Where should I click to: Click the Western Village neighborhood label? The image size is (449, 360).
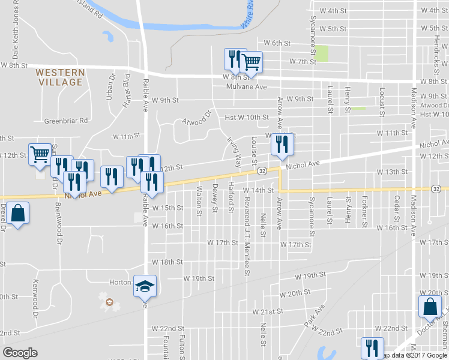click(59, 77)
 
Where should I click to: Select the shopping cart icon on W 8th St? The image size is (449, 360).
click(252, 61)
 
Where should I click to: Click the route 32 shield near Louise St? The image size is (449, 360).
click(262, 171)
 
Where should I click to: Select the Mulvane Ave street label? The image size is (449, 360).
click(246, 86)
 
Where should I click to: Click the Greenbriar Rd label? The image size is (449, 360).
click(66, 121)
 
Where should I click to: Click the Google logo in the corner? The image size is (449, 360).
click(20, 353)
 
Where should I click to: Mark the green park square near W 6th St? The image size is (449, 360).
click(323, 53)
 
